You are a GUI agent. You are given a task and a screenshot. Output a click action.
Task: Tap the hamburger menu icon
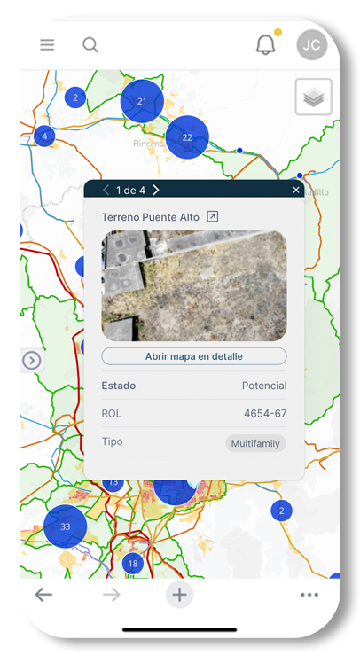point(47,45)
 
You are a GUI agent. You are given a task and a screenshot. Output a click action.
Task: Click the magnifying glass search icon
point(90,45)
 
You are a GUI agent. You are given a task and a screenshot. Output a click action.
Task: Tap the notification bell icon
point(265,45)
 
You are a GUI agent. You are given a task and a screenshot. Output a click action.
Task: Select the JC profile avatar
point(312,45)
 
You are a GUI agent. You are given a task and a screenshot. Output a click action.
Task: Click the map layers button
point(313,97)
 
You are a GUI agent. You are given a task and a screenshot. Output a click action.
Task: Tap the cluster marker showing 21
point(142,101)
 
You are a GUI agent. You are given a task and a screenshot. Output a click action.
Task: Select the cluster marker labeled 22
point(187,137)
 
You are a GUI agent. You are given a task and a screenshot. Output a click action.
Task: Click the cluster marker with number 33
point(65,526)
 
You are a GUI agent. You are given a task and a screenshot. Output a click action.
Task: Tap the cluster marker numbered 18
point(133,564)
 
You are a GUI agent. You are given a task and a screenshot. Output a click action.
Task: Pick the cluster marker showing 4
point(44,136)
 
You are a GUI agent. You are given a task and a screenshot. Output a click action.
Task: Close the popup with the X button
point(296,190)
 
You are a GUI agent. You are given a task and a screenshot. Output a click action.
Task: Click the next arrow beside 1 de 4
point(156,190)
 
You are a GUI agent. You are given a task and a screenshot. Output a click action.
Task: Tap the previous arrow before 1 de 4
point(106,190)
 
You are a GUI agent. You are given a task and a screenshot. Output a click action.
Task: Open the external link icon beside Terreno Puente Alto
point(212,216)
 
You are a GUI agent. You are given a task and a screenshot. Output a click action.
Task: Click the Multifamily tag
point(255,443)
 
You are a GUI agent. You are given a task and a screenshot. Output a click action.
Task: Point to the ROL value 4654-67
point(265,414)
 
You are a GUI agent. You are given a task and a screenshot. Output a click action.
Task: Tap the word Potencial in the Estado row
point(264,386)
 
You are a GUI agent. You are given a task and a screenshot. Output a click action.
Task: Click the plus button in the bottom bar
point(179,595)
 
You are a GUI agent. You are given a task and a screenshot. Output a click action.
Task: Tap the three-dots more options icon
point(309,595)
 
